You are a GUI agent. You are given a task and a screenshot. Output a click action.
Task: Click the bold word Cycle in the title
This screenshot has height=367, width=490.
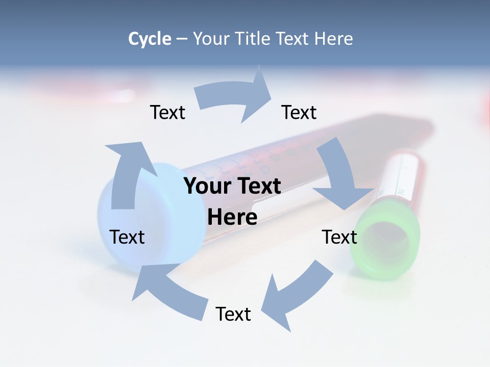point(150,39)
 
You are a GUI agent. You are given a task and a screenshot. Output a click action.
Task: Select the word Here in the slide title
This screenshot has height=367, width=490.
point(334,39)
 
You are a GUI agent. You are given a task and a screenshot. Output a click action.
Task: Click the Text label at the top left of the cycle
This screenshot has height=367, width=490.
point(167,112)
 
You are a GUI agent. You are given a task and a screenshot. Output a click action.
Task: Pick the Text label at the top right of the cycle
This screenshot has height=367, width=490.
point(299,112)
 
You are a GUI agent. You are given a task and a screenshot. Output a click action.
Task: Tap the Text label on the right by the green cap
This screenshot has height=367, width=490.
point(339,237)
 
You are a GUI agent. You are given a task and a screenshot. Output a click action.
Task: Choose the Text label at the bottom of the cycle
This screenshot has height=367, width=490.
point(233,314)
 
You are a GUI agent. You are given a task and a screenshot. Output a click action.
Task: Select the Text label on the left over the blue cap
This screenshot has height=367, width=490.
point(127,237)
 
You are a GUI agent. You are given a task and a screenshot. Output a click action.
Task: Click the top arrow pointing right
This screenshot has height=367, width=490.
point(235,97)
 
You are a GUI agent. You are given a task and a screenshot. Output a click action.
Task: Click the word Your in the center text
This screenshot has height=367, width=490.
point(204,186)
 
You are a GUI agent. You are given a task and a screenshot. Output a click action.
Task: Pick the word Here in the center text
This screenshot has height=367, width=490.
point(232,217)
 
